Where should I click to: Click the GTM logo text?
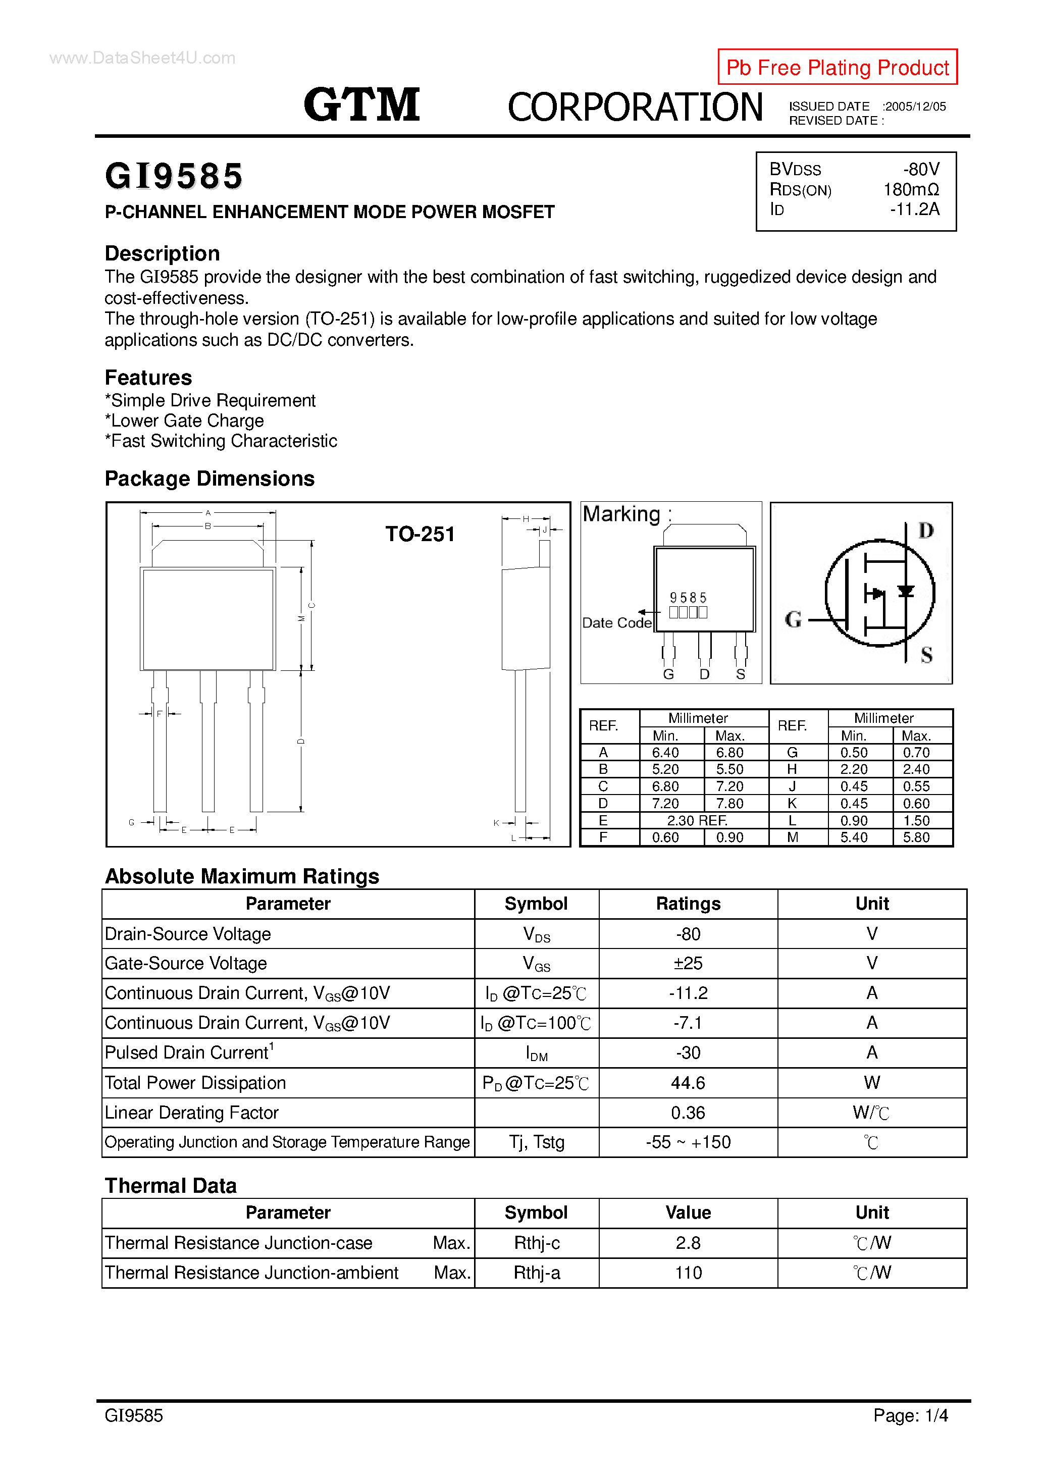pos(361,105)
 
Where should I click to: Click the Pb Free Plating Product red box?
pos(837,67)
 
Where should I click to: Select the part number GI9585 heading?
pos(174,176)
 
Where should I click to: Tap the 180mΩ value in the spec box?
pos(911,190)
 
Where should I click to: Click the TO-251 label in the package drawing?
pos(420,534)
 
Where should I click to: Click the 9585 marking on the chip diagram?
pos(688,598)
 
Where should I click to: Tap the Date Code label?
pos(616,623)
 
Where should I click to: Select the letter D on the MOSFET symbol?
pos(925,531)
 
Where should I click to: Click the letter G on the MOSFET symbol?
pos(793,620)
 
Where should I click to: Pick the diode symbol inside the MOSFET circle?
pos(905,592)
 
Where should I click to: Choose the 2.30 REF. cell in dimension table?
pos(697,821)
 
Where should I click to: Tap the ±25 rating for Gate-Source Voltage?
pos(688,963)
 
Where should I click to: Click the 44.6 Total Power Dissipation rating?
pos(688,1083)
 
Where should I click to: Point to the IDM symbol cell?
pos(536,1053)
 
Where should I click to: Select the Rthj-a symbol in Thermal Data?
pos(536,1273)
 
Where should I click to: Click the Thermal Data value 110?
pos(688,1273)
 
